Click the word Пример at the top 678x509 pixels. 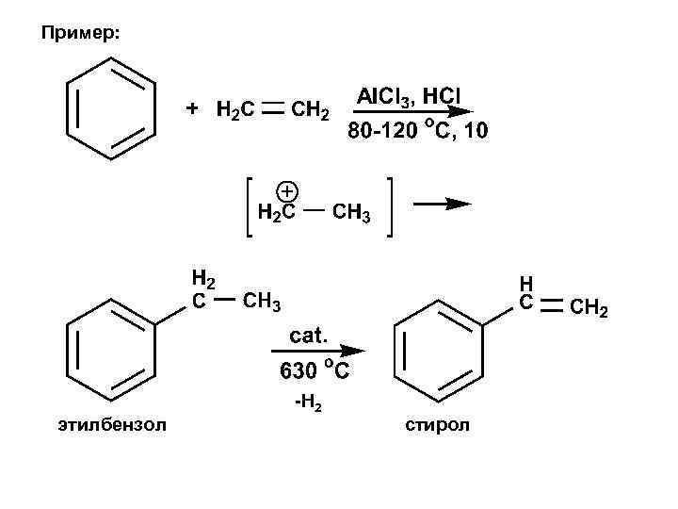point(80,34)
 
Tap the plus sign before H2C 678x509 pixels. point(192,108)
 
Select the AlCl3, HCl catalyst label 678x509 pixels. point(409,96)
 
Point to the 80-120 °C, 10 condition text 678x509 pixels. point(418,130)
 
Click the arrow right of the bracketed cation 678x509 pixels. point(442,204)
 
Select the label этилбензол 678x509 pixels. point(111,425)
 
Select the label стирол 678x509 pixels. point(438,425)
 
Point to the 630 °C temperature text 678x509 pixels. point(314,370)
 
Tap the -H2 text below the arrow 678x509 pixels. point(308,405)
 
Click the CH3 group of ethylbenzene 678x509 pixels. point(262,303)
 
